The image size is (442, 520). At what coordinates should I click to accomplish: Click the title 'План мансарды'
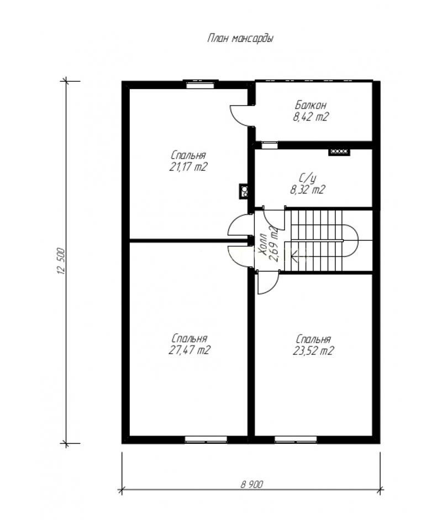[x=240, y=39]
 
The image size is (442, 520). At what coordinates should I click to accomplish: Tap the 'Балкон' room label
[x=311, y=106]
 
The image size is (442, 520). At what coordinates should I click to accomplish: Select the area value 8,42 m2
[x=311, y=117]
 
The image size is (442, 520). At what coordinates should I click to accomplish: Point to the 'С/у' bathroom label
[x=308, y=178]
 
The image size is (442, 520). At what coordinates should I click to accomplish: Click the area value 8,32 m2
[x=308, y=190]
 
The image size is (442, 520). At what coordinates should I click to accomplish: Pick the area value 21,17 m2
[x=188, y=166]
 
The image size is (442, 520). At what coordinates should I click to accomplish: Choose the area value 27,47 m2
[x=190, y=350]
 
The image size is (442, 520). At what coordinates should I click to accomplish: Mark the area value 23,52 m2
[x=313, y=351]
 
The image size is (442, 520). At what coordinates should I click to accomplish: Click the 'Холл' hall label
[x=264, y=245]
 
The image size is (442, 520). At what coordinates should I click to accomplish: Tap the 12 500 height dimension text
[x=61, y=261]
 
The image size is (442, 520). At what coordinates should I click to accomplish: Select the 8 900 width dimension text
[x=252, y=485]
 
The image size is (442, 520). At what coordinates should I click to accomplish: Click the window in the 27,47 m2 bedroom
[x=206, y=440]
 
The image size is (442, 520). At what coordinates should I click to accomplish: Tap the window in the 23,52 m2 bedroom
[x=296, y=440]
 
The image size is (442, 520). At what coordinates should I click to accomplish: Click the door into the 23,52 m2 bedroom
[x=267, y=282]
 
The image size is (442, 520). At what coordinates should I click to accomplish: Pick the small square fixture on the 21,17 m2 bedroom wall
[x=244, y=191]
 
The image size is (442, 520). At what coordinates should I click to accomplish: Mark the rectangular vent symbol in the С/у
[x=339, y=152]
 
